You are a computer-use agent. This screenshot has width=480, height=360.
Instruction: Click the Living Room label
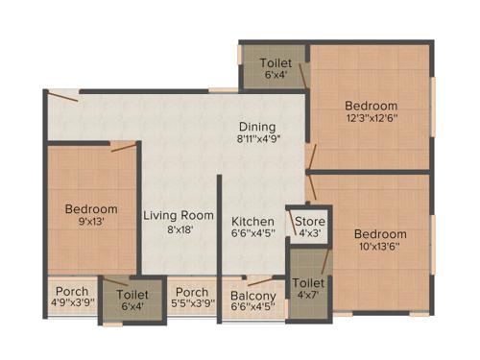(x=178, y=215)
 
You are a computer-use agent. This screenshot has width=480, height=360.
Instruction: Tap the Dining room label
(x=258, y=126)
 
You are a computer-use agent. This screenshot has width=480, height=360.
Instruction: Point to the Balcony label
(x=253, y=296)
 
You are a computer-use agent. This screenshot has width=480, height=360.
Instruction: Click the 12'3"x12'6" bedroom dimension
(x=372, y=119)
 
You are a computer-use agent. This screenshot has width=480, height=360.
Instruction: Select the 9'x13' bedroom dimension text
(x=92, y=224)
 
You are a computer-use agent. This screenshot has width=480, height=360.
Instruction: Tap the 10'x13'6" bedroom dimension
(x=379, y=249)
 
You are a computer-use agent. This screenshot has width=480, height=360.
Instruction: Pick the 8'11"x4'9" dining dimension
(x=258, y=140)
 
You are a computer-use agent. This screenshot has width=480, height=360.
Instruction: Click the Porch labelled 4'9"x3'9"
(x=71, y=292)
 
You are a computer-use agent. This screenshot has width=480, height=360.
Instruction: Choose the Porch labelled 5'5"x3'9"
(x=192, y=292)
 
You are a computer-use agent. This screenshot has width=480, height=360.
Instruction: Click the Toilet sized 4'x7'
(x=308, y=284)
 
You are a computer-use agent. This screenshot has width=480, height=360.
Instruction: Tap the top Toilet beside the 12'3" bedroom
(x=275, y=63)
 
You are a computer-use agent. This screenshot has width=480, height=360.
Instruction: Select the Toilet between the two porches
(x=132, y=295)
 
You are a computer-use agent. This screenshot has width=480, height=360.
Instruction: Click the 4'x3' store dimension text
(x=308, y=234)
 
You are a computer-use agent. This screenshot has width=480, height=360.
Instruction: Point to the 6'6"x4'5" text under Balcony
(x=253, y=309)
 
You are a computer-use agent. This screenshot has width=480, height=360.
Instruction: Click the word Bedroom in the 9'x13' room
(x=92, y=209)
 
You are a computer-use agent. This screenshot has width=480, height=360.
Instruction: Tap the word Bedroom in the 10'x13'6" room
(x=379, y=234)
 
